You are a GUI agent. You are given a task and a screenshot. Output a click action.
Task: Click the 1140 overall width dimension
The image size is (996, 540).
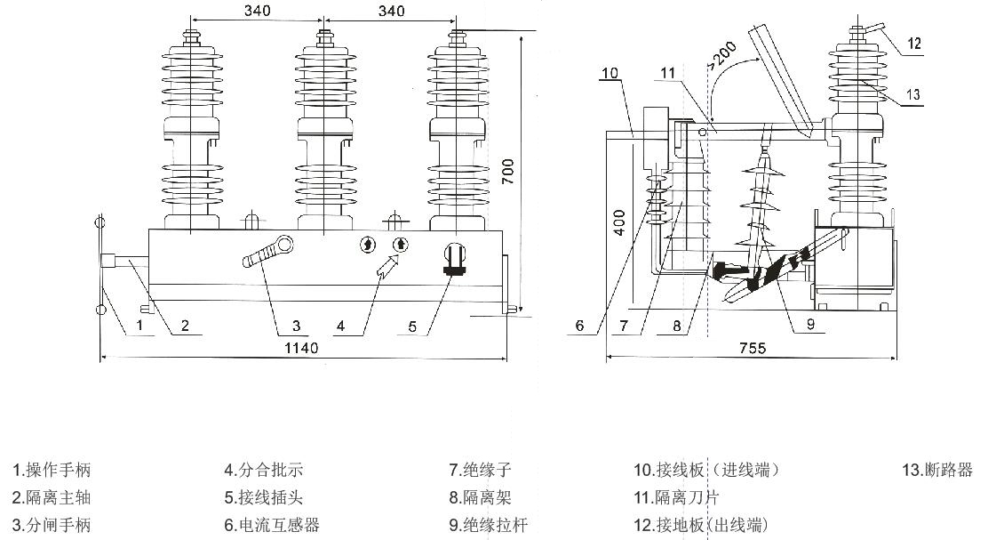(x=302, y=348)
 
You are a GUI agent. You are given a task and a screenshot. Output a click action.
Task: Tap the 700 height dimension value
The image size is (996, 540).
(x=507, y=173)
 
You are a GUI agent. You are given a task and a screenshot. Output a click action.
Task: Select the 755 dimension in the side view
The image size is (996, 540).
(x=752, y=348)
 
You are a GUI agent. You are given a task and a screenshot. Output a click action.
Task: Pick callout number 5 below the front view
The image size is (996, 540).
(x=412, y=326)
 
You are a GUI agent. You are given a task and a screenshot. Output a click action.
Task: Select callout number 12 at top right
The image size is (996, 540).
(x=914, y=42)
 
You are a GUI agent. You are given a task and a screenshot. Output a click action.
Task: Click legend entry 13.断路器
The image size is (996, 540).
(x=937, y=470)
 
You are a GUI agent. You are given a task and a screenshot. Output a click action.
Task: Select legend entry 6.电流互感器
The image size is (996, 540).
(x=271, y=525)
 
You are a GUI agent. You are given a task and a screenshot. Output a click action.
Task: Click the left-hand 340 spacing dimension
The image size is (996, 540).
(x=257, y=11)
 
